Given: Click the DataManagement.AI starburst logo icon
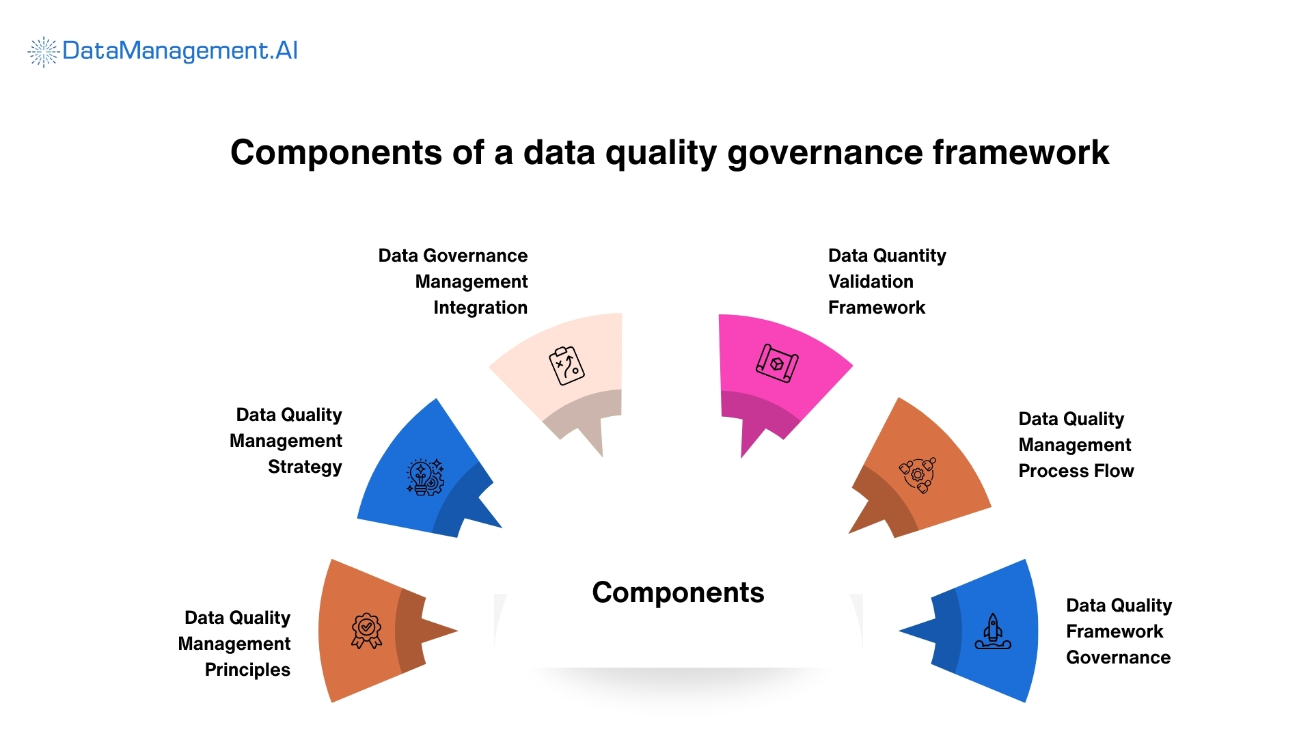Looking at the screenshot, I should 43,52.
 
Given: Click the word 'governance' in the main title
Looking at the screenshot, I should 825,152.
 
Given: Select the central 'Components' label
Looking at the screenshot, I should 678,592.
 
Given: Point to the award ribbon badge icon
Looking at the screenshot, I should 366,630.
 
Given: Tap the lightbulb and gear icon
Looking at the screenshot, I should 425,476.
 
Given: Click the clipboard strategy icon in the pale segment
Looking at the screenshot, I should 566,366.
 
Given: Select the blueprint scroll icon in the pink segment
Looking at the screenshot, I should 777,363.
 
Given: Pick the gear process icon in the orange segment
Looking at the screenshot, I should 918,474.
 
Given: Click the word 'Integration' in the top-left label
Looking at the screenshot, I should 480,307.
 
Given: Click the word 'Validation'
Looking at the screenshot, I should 871,282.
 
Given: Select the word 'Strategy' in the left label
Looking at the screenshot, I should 305,467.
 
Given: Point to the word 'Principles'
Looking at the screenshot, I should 247,670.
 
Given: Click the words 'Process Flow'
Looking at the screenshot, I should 1076,471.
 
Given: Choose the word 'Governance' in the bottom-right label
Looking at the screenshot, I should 1118,657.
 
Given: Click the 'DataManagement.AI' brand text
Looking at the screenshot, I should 180,51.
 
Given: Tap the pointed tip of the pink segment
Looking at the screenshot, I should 742,455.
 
